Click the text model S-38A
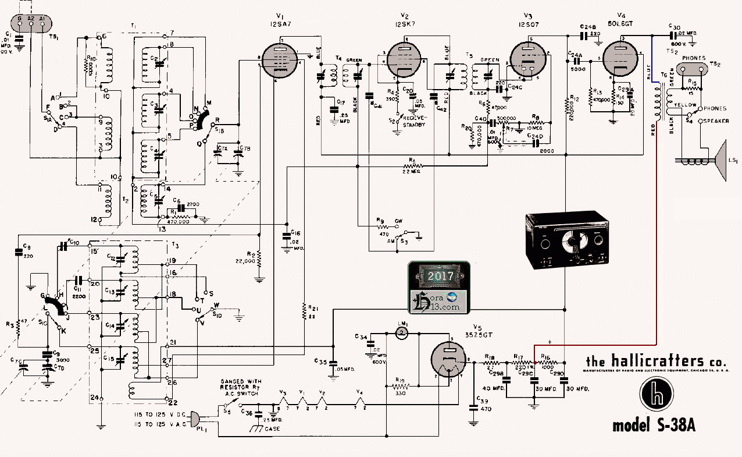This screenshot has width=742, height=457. pos(654,426)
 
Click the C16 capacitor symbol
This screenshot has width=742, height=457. pos(287,236)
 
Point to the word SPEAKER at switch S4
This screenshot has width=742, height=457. pos(716,121)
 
